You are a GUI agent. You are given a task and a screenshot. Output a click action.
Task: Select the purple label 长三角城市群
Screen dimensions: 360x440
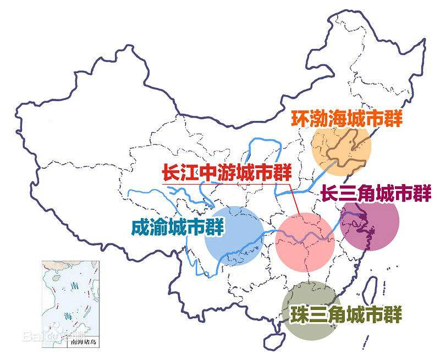[x=376, y=193]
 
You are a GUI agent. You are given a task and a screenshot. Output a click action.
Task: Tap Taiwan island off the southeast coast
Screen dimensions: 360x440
[x=371, y=288]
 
